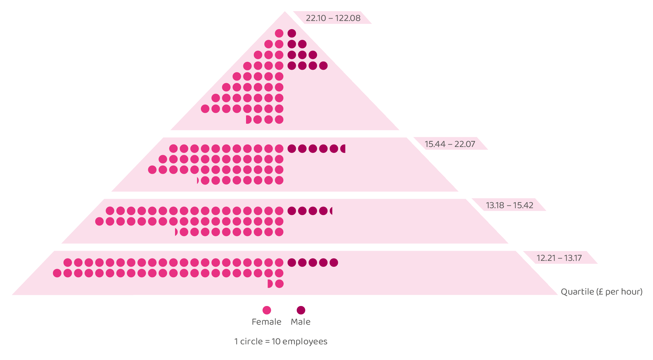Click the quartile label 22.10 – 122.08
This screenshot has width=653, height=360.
click(x=333, y=18)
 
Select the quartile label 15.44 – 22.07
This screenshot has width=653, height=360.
click(x=450, y=144)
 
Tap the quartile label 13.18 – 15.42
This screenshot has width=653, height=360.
click(x=509, y=205)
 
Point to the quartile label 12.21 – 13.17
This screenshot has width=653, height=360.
click(x=559, y=258)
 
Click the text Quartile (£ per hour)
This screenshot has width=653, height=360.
click(x=601, y=292)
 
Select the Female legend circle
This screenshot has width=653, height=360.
click(x=267, y=310)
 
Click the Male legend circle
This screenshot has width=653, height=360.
click(x=301, y=310)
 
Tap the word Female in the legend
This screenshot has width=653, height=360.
click(x=266, y=322)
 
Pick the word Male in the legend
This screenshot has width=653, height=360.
click(x=300, y=322)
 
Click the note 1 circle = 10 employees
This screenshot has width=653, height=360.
click(x=281, y=341)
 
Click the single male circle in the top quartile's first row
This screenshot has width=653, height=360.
click(x=292, y=33)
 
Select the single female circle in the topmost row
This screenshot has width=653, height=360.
click(x=279, y=33)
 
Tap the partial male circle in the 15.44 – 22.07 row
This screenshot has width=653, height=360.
click(x=343, y=149)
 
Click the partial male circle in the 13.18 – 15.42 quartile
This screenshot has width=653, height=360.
click(x=331, y=211)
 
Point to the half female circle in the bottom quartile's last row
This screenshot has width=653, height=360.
click(x=270, y=284)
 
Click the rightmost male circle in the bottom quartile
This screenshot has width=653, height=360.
click(x=334, y=262)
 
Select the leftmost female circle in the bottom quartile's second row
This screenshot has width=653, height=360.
click(x=57, y=273)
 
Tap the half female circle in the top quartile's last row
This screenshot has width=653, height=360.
click(x=248, y=119)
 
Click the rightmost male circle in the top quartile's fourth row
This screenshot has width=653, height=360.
click(x=323, y=65)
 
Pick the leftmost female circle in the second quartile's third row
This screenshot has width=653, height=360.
click(x=152, y=170)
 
